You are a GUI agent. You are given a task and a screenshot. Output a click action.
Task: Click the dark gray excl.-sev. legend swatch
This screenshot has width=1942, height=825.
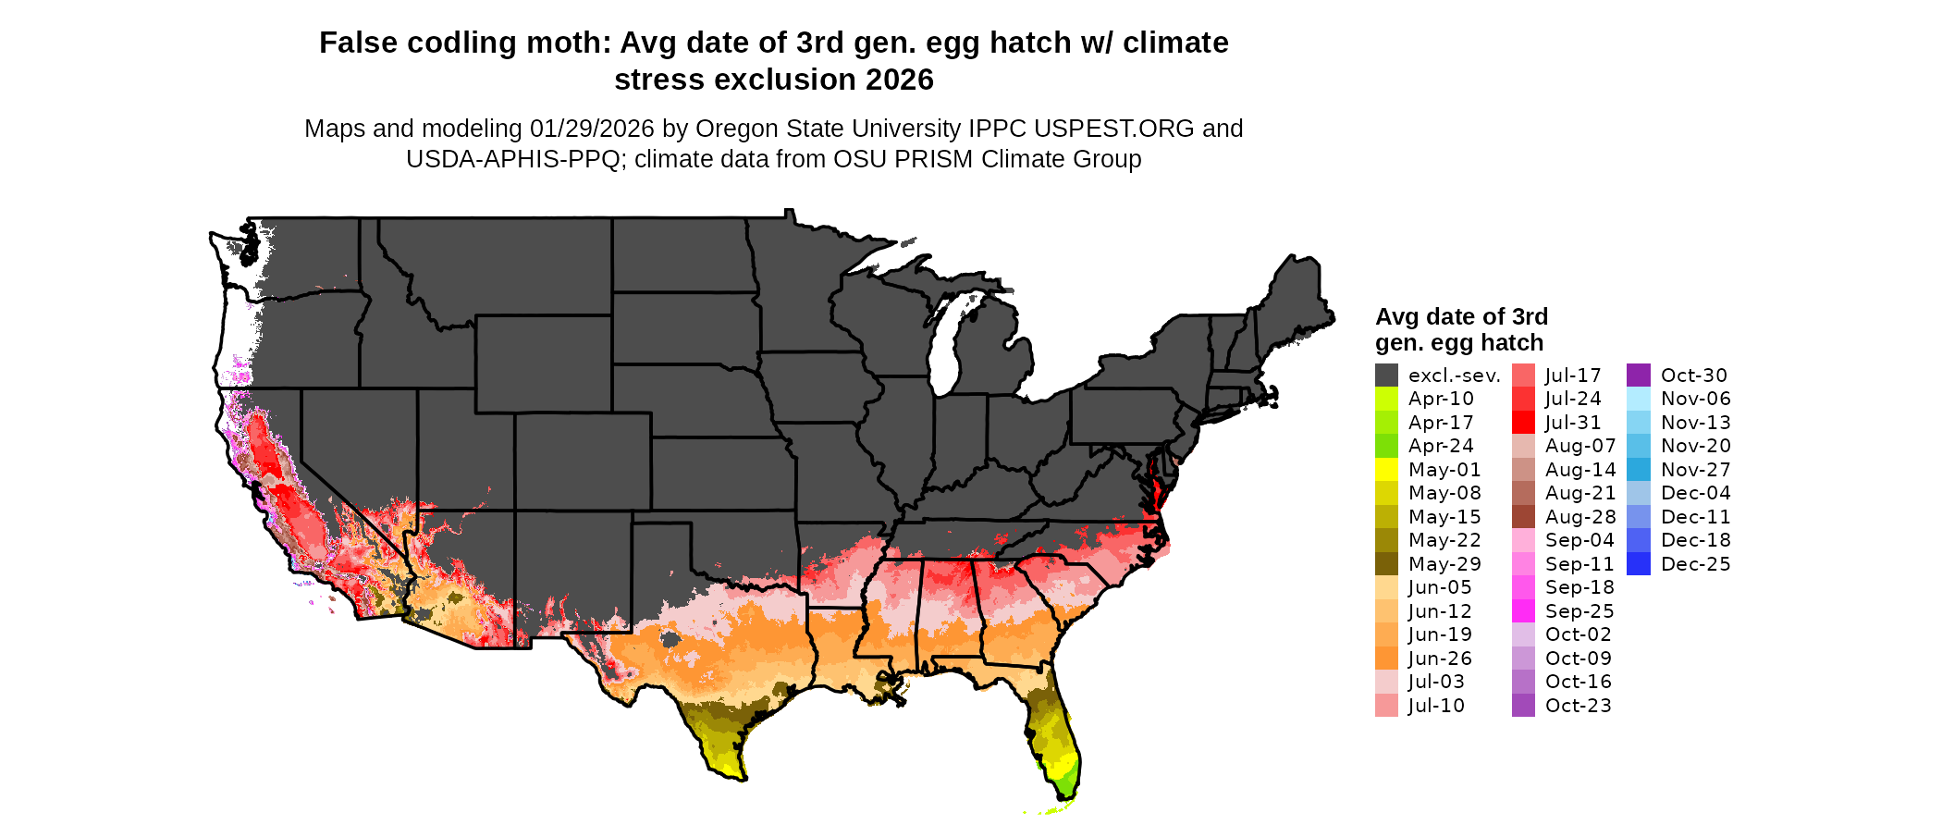click(x=1386, y=376)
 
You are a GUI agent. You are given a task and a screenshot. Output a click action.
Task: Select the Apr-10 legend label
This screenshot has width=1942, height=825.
click(x=1441, y=399)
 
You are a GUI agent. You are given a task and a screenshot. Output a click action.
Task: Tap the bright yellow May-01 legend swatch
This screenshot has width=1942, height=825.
click(x=1386, y=470)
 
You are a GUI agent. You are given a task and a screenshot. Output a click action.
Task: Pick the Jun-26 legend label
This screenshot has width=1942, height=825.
click(x=1440, y=659)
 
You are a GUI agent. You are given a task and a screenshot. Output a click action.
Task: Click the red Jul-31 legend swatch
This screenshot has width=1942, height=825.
click(x=1523, y=423)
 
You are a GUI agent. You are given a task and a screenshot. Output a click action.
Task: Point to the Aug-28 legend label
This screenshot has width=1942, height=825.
click(x=1580, y=517)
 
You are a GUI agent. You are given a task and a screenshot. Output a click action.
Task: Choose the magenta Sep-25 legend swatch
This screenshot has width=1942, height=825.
click(x=1523, y=611)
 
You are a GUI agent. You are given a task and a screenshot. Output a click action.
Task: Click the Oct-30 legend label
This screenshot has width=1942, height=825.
click(x=1694, y=376)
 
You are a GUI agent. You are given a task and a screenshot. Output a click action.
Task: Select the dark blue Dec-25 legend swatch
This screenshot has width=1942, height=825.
click(x=1638, y=564)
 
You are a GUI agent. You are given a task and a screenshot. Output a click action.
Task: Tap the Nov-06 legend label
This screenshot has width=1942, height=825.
click(x=1696, y=399)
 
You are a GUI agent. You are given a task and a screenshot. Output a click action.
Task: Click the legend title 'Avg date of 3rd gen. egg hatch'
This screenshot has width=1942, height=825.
click(x=1460, y=329)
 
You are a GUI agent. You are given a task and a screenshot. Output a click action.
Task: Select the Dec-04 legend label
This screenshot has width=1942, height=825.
click(x=1696, y=493)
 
